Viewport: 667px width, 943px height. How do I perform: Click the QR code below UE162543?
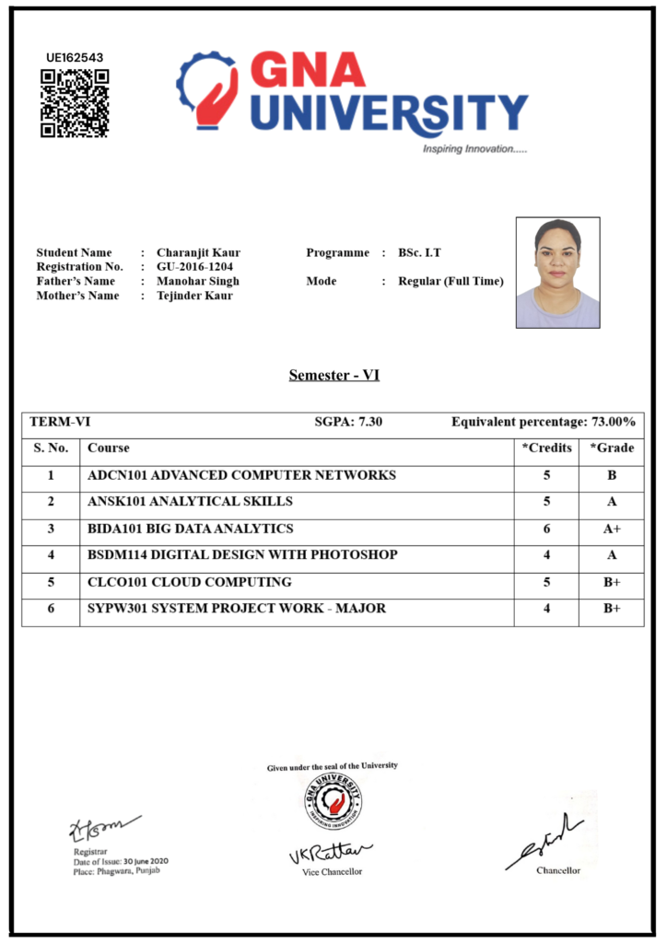click(x=75, y=103)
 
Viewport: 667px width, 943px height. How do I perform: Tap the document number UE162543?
click(x=75, y=57)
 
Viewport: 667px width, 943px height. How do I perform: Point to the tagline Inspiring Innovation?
click(x=474, y=148)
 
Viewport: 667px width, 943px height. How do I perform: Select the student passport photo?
click(x=557, y=273)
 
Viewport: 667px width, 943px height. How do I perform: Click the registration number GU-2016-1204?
click(x=194, y=267)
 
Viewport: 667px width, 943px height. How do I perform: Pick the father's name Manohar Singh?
click(x=198, y=281)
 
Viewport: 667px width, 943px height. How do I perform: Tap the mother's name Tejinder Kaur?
click(x=194, y=296)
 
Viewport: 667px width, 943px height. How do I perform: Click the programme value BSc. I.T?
click(x=419, y=252)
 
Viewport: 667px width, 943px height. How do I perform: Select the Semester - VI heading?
click(x=333, y=375)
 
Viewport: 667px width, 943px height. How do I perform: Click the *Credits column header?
click(x=546, y=448)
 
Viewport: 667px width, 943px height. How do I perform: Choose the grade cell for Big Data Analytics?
click(x=611, y=529)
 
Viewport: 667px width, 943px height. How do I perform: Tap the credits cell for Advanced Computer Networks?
click(x=546, y=475)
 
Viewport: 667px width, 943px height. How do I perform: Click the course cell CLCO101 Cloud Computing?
click(x=189, y=582)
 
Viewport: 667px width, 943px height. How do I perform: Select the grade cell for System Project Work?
click(x=611, y=609)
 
